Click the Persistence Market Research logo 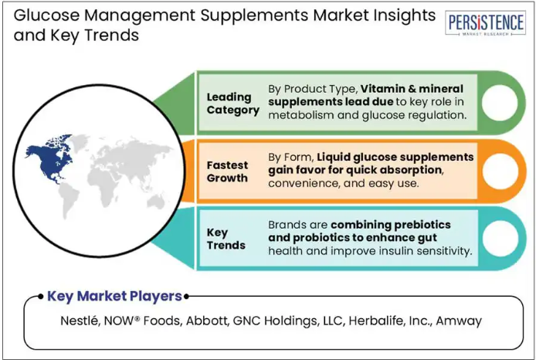coord(485,23)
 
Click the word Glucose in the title coord(46,15)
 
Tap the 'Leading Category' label coord(232,104)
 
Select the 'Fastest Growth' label coord(227,172)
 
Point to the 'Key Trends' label coord(226,239)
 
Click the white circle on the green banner coord(500,103)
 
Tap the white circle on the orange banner coord(500,171)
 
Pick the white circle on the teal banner coord(500,238)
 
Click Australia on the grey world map coord(157,202)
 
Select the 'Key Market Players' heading coord(114,296)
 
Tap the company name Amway coord(459,321)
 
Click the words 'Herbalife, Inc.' coord(390,321)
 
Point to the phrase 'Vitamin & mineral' coord(412,89)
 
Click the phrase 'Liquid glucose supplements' coord(395,158)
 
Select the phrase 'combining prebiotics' coord(391,225)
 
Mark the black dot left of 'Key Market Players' coord(41,296)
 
